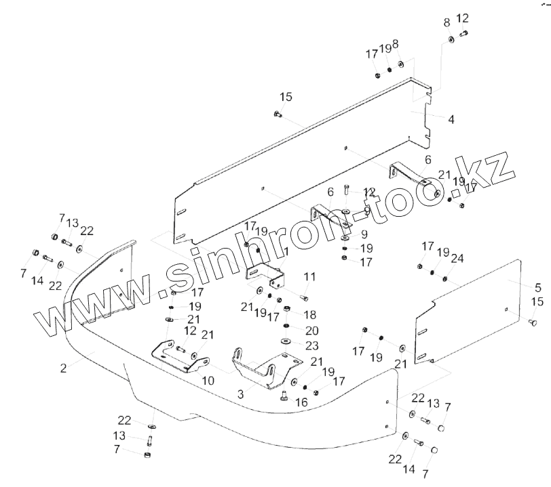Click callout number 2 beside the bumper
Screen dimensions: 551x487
point(63,368)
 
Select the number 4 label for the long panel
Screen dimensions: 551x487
point(451,119)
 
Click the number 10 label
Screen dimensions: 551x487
point(208,381)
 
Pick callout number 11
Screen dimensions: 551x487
point(310,276)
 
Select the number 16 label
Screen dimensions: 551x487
point(301,402)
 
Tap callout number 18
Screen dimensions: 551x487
point(310,314)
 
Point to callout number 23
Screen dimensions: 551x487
point(311,345)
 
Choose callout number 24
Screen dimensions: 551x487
point(457,258)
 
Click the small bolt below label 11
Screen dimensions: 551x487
point(303,297)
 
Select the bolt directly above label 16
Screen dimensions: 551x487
point(284,395)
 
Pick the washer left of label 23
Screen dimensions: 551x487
point(286,341)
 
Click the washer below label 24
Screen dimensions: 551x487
point(445,278)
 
